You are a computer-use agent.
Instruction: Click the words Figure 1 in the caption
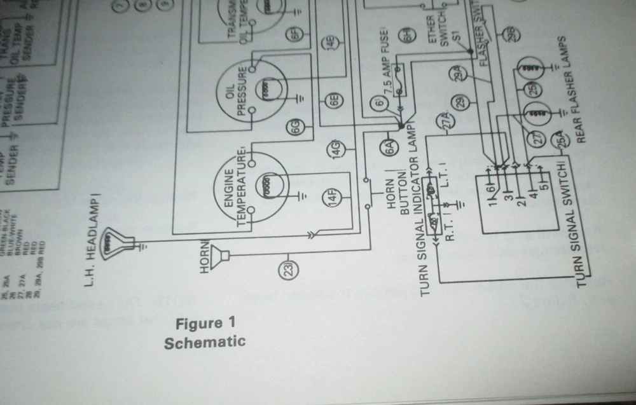click(x=200, y=324)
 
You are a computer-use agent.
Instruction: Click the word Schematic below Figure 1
click(x=204, y=343)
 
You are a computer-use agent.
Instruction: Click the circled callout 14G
click(x=335, y=150)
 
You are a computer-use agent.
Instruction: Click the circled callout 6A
click(x=389, y=148)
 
